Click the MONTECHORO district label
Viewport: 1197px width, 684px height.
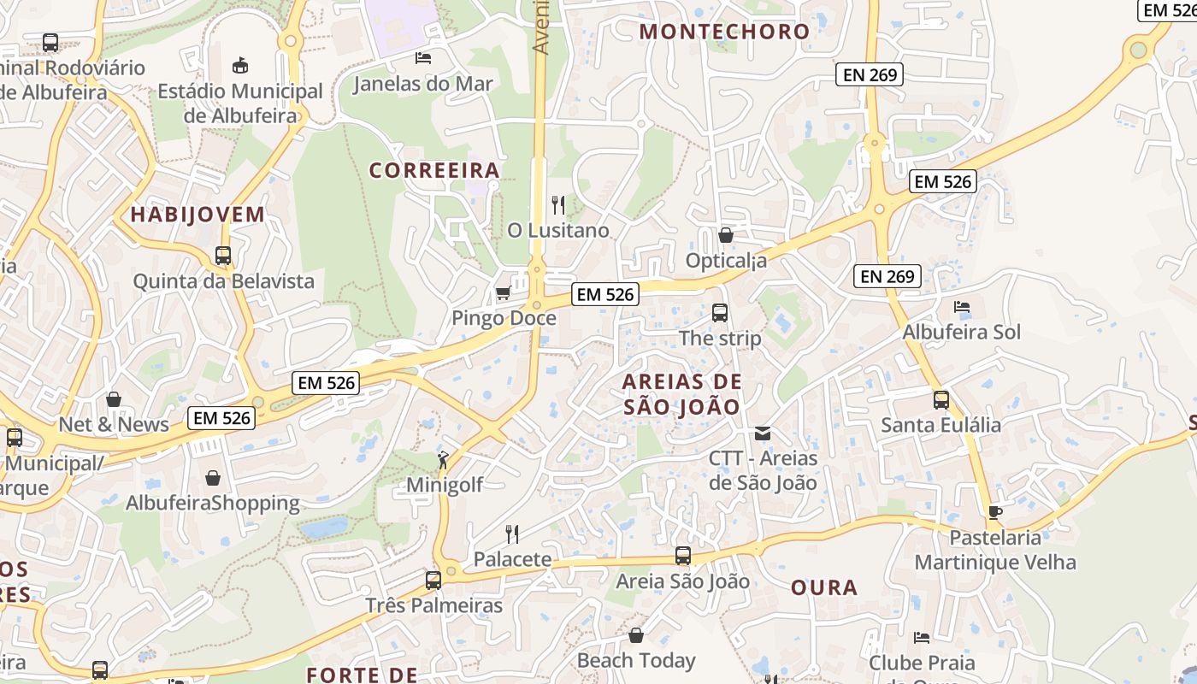tap(724, 32)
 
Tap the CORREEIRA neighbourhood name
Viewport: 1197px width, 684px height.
tap(434, 170)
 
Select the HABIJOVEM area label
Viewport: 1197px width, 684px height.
tap(198, 215)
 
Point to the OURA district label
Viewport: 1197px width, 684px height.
tap(824, 587)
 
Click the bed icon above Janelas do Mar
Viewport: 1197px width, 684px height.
tap(423, 58)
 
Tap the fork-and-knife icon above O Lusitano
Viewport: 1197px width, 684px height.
tap(558, 205)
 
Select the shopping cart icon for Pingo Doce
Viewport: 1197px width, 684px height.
tap(504, 293)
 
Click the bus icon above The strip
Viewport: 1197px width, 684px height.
tap(720, 313)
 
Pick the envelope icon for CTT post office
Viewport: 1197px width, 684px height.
tap(763, 433)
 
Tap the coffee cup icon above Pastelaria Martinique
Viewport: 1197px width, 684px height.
tap(995, 512)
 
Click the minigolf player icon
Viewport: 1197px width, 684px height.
tap(443, 461)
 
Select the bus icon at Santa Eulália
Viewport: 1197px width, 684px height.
tap(941, 399)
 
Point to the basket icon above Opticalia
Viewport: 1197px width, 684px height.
tap(726, 235)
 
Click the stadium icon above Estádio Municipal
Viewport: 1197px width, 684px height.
tap(240, 65)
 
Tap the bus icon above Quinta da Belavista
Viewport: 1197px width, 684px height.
tap(223, 256)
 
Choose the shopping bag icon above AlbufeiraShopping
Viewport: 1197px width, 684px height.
tap(213, 478)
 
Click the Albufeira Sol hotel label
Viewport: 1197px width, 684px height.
tap(962, 332)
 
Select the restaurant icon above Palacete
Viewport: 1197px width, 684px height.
tap(512, 534)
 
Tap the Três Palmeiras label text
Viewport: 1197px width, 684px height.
tap(434, 605)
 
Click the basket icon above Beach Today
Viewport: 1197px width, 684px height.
tap(636, 635)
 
